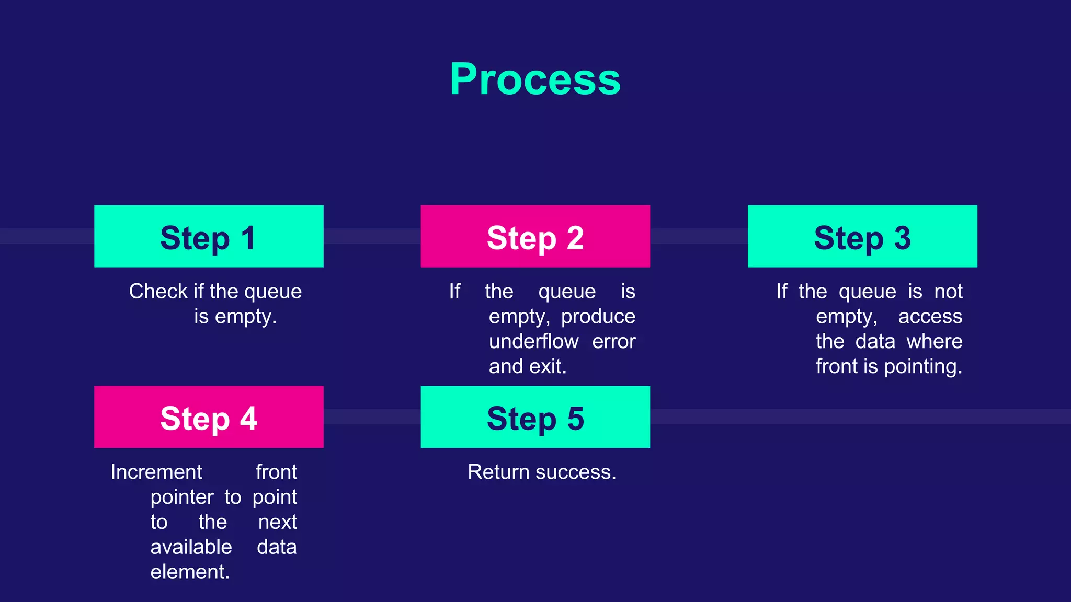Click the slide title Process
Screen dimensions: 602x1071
(535, 79)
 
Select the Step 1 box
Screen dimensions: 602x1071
(209, 236)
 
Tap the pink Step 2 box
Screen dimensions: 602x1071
(535, 236)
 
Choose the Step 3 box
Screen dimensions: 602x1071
(862, 236)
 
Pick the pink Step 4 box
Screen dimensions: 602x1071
(209, 417)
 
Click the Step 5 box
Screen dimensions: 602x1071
(535, 417)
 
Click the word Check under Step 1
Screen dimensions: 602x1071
(158, 292)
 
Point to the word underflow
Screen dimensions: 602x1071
(533, 342)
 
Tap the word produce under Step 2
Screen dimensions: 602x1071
(598, 317)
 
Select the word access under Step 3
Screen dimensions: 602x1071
(930, 317)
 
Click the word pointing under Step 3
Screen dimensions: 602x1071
(922, 367)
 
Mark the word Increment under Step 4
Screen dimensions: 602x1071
(156, 472)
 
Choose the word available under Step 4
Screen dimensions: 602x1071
(191, 547)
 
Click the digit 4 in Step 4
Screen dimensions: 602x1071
(248, 418)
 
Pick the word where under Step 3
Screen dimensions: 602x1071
(934, 342)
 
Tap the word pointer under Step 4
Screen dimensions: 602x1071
(181, 497)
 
